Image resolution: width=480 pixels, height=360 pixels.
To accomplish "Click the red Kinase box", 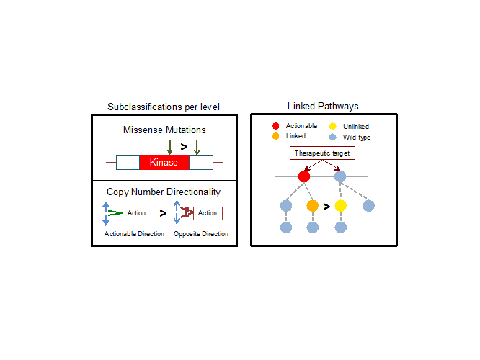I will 164,163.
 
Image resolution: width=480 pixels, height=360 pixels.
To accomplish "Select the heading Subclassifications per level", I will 164,107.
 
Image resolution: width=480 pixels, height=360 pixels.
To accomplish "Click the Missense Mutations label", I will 164,130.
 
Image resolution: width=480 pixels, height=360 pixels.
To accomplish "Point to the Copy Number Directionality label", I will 164,192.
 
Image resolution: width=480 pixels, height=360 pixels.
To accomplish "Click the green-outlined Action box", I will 136,213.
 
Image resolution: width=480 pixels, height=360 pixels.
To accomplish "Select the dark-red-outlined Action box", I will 208,213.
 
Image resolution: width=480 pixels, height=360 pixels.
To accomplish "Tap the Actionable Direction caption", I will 134,234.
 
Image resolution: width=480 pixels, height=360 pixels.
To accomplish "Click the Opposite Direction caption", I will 201,234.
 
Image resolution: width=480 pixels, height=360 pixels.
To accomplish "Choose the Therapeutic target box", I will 321,153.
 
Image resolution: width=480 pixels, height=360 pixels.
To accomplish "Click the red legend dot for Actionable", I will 275,126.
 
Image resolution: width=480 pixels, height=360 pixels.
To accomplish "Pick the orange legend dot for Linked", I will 275,136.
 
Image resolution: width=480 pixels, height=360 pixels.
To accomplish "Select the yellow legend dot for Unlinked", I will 332,127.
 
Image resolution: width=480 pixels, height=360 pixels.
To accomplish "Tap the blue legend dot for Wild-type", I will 332,137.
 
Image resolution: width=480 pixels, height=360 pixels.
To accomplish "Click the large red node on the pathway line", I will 304,176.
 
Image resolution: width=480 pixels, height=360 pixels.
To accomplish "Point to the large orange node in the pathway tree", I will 312,206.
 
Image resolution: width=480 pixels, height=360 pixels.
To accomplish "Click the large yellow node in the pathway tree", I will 341,206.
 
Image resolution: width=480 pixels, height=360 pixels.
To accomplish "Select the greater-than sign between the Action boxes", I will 163,213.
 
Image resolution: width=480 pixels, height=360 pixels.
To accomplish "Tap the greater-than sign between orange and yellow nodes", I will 326,207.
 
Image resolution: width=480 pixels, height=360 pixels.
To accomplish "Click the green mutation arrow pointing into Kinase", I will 169,148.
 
